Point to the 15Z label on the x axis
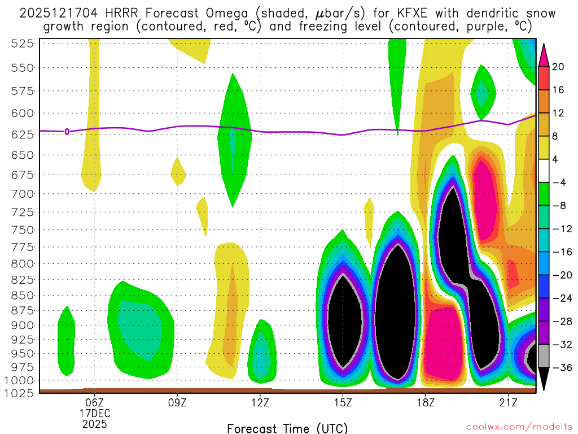343,402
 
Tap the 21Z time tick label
508,402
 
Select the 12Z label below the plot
260,402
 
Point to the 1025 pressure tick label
21,392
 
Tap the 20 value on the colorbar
558,67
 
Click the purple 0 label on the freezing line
67,132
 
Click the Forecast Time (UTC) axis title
287,428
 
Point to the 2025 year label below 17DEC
94,422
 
